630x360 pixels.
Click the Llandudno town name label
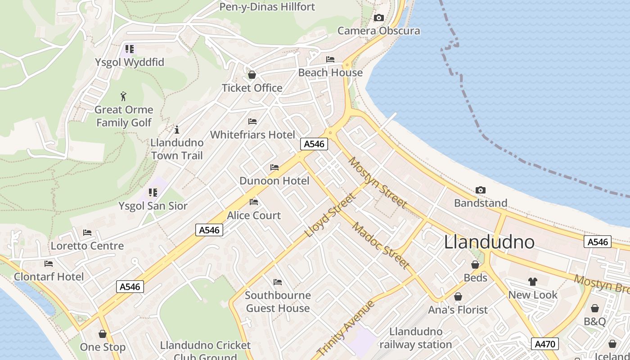tap(489, 242)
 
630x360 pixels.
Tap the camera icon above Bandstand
tap(480, 190)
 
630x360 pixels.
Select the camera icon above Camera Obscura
tap(379, 18)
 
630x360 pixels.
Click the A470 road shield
tap(544, 344)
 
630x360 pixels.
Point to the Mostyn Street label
tap(377, 183)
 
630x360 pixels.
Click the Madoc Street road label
tap(380, 246)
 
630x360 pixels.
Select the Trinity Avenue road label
tap(346, 328)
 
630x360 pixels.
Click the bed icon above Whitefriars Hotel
tap(252, 121)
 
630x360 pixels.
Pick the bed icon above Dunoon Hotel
tap(274, 167)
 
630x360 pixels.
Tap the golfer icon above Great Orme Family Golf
tap(124, 96)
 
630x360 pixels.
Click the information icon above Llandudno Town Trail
tap(177, 130)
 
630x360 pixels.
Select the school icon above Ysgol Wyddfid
tap(130, 49)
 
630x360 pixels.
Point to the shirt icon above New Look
tap(533, 282)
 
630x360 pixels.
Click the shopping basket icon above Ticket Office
tap(252, 75)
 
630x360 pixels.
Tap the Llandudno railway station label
tap(415, 338)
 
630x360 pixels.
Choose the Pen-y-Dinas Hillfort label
tap(267, 7)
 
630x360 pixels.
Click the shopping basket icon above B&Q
tap(595, 308)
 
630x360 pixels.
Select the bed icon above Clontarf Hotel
tap(49, 263)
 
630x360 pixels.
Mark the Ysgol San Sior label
tap(153, 206)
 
